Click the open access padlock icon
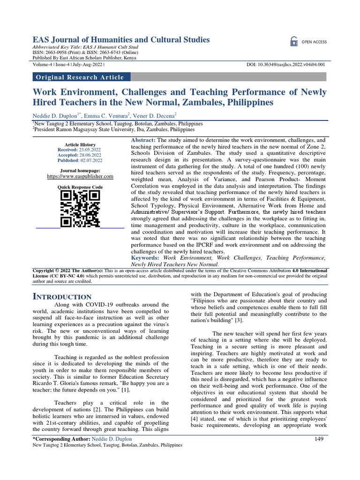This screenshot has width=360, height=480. click(x=293, y=41)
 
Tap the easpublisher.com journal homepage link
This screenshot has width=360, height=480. click(x=80, y=176)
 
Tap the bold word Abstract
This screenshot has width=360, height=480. click(x=143, y=140)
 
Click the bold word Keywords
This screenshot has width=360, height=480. click(x=145, y=258)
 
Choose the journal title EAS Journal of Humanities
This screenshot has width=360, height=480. click(x=120, y=40)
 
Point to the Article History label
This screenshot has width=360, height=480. click(x=80, y=144)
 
